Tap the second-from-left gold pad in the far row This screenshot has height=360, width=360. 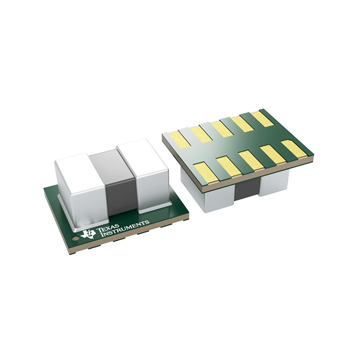click(200, 134)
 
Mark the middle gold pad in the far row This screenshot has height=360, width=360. click(222, 129)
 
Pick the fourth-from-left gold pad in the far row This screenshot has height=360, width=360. click(243, 124)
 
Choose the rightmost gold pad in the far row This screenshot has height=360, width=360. click(263, 119)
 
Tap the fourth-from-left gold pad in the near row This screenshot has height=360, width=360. click(273, 154)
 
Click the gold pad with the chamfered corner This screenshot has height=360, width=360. click(293, 149)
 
